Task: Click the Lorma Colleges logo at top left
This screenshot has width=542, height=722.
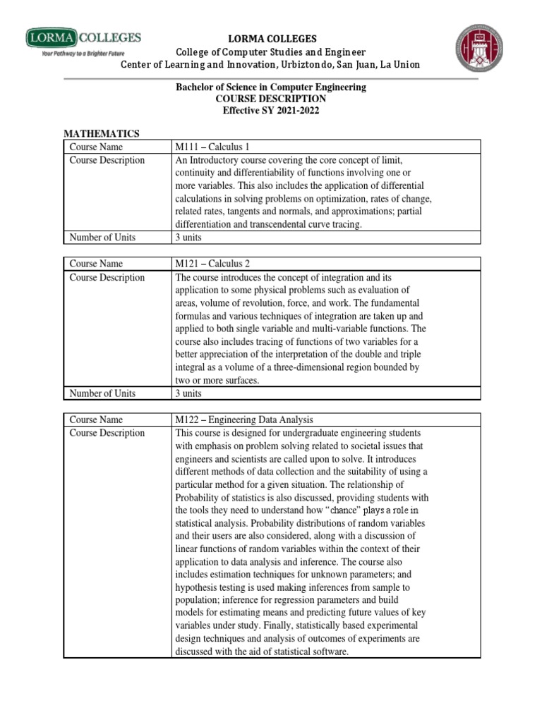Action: click(83, 37)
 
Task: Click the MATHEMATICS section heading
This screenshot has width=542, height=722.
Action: click(102, 134)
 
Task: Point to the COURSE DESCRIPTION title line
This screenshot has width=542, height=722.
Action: click(271, 99)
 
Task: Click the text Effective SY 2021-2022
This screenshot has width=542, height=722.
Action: click(271, 111)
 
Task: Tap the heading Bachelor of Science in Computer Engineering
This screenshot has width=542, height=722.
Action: click(271, 87)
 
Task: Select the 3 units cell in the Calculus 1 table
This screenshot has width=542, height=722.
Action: click(188, 238)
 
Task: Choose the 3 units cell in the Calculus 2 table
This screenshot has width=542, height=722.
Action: click(188, 393)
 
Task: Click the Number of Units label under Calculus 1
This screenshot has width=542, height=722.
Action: click(102, 238)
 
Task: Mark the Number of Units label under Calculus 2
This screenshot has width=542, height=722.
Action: click(102, 393)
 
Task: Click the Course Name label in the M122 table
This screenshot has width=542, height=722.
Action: click(96, 420)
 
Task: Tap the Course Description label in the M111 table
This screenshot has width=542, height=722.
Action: click(107, 160)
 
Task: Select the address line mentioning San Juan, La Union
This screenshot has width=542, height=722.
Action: click(271, 64)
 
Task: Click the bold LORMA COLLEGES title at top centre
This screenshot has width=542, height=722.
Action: click(271, 39)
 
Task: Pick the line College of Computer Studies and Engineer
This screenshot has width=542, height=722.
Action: click(271, 51)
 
